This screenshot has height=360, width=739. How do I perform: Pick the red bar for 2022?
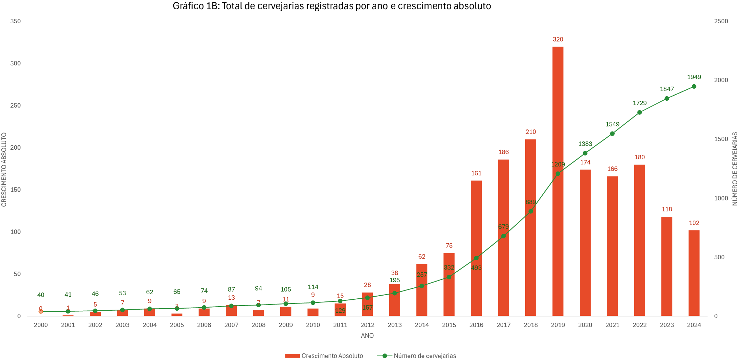(639, 240)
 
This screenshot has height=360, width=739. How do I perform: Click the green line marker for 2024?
(694, 87)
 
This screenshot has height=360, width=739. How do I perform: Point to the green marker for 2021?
(612, 134)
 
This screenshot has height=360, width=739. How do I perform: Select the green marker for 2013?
(394, 293)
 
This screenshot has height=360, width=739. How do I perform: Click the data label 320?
(558, 39)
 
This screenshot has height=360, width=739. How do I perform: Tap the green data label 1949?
(694, 77)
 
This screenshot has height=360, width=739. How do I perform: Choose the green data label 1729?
(639, 103)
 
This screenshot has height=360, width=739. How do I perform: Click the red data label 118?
(667, 209)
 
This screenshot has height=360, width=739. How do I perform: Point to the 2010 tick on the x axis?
(313, 325)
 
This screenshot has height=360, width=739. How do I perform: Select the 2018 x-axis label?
(530, 325)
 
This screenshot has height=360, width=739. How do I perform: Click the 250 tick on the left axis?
(15, 105)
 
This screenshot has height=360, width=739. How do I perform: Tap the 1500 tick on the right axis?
(721, 139)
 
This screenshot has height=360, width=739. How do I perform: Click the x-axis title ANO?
(367, 336)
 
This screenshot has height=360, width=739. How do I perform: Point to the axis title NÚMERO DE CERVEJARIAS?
(735, 169)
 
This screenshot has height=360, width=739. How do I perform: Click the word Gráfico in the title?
(188, 6)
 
